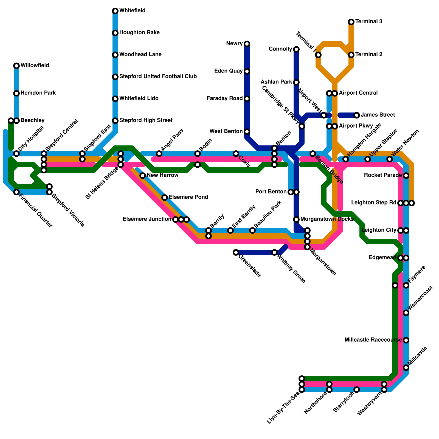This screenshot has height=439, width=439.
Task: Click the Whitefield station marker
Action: pos(115,11)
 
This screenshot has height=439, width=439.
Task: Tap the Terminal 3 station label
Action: pos(369,22)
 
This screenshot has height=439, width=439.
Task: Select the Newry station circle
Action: pos(247,44)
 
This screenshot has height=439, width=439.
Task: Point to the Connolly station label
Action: pos(280,49)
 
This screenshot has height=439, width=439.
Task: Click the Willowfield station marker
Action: pos(16,66)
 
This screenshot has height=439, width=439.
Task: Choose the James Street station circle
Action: pos(357,115)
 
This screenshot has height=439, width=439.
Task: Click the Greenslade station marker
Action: pos(236,252)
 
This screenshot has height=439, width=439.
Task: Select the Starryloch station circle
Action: pos(357,390)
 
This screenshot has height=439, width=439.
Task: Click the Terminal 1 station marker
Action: pos(318,55)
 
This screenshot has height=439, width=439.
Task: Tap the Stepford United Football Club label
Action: pos(158,77)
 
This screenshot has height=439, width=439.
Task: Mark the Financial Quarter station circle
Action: pos(16,192)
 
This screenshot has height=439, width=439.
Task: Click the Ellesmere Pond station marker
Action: pos(165,198)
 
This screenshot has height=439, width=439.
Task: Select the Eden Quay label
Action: pos(228,71)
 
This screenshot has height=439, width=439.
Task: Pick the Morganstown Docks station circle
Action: pos(296,219)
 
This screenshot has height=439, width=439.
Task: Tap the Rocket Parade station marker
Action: pos(406,176)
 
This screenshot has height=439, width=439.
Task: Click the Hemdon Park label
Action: pos(38,93)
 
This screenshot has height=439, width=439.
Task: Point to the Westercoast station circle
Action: pos(406,313)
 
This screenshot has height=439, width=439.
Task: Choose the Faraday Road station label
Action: pos(224,99)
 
